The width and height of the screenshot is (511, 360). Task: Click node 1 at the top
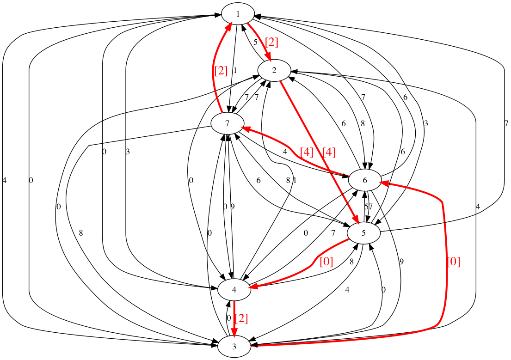[238, 14]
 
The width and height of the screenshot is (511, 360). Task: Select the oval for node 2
[274, 70]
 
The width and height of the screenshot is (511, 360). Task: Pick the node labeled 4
[234, 290]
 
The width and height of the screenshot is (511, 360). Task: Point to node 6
[364, 180]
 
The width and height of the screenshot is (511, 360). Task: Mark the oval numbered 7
[227, 123]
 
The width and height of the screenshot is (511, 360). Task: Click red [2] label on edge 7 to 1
[221, 71]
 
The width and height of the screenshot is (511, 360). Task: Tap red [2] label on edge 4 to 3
[241, 318]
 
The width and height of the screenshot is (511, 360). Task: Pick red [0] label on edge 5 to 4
[326, 262]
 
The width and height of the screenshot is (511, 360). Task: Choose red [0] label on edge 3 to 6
[454, 262]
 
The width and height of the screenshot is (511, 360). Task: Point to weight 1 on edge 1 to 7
[235, 71]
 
